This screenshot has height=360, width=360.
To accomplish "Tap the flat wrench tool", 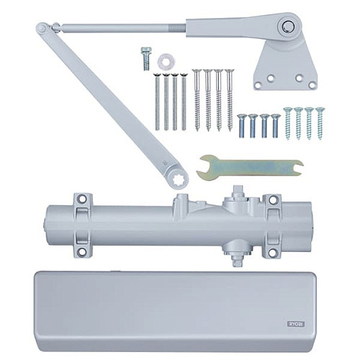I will pyautogui.click(x=252, y=167).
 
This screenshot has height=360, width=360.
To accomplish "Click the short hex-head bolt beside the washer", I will pyautogui.click(x=146, y=58).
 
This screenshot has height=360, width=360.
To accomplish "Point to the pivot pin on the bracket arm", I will pyautogui.click(x=287, y=26).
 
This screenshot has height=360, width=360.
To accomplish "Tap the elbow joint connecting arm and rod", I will pyautogui.click(x=43, y=28).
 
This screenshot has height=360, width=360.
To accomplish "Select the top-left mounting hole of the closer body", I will pyautogui.click(x=81, y=198).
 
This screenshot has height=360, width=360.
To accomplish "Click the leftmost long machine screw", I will pyautogui.click(x=156, y=101).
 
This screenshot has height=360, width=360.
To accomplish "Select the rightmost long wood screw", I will pyautogui.click(x=230, y=99).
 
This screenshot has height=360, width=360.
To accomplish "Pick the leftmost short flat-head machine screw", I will pyautogui.click(x=242, y=125).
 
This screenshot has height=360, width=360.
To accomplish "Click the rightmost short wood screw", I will pyautogui.click(x=319, y=122).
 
